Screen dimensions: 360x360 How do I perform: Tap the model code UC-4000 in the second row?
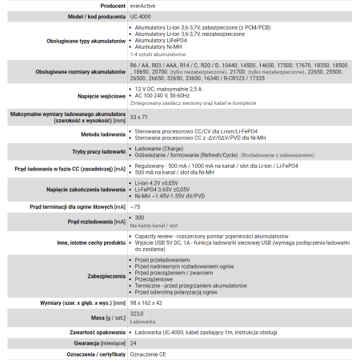pyautogui.click(x=141, y=16)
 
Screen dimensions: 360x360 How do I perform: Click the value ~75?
pyautogui.click(x=135, y=206)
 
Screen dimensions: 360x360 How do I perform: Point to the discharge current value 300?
pyautogui.click(x=140, y=218)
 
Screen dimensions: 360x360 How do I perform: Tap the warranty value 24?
pyautogui.click(x=134, y=342)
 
